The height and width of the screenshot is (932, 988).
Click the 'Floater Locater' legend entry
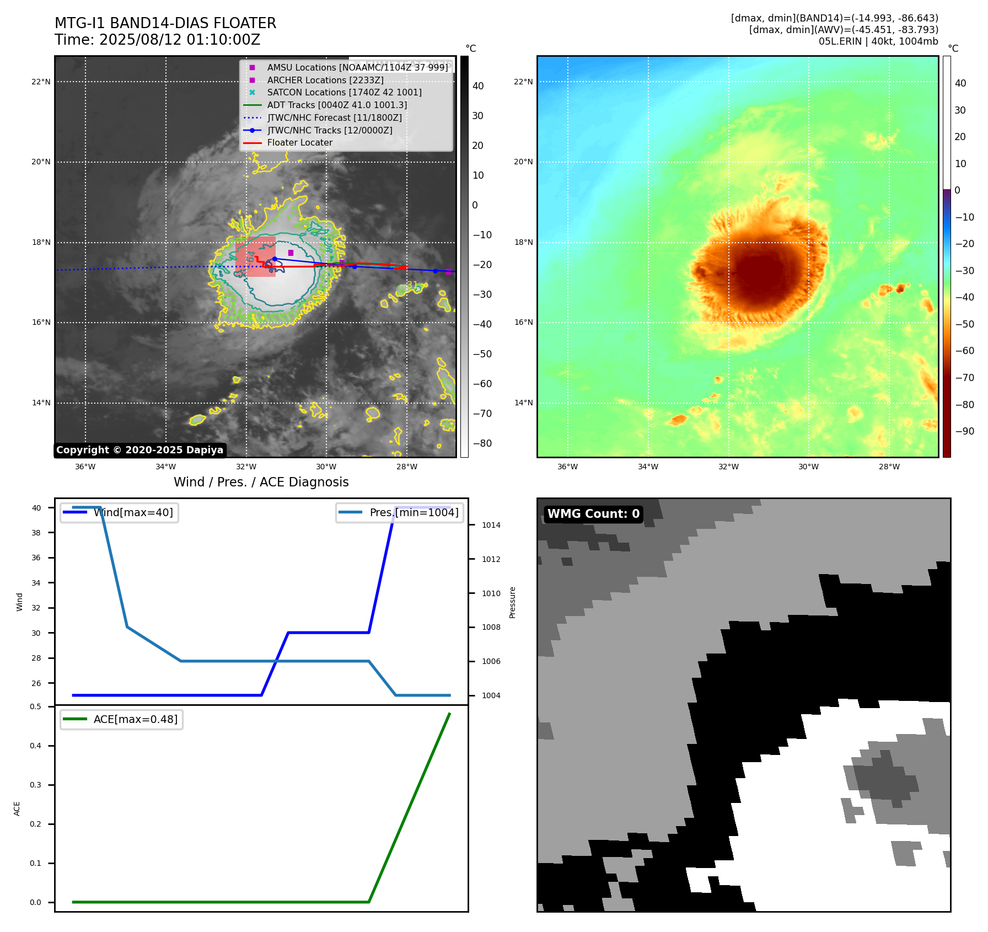[x=299, y=143]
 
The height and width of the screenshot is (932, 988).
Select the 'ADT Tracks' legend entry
[x=337, y=105]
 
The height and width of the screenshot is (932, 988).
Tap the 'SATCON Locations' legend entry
[x=344, y=93]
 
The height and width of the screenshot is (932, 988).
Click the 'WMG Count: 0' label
[x=593, y=514]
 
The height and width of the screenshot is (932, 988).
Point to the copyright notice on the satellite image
[x=139, y=450]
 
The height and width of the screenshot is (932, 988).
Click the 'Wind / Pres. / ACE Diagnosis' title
[x=261, y=482]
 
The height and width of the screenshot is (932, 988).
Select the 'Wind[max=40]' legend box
[x=119, y=513]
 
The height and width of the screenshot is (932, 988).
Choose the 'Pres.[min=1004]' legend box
[x=399, y=513]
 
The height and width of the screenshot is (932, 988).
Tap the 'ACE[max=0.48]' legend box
[x=121, y=720]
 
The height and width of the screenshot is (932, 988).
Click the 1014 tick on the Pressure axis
[x=491, y=525]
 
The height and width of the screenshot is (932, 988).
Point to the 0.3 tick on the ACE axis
[x=36, y=785]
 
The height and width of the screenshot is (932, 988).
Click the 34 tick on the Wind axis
[x=36, y=583]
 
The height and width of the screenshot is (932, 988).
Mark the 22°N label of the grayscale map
[x=41, y=82]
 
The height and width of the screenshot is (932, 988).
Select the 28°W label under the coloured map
[x=889, y=467]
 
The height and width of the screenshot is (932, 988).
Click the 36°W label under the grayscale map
[x=85, y=467]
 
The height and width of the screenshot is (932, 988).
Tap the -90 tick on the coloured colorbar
[x=964, y=431]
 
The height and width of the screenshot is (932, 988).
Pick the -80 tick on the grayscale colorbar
[x=482, y=443]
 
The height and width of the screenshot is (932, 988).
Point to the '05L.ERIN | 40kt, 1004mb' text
[x=878, y=41]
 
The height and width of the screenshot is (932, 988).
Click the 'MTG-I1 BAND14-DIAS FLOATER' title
[x=165, y=23]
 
